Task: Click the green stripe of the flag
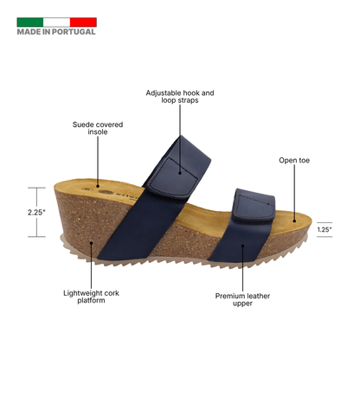click(30, 22)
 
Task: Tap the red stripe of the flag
click(83, 22)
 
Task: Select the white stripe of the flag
click(56, 22)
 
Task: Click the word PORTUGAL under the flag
click(74, 32)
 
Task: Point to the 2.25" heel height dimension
click(36, 213)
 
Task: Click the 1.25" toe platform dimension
click(325, 230)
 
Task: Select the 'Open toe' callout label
click(294, 160)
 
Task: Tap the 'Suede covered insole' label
click(98, 128)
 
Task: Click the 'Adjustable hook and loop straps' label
click(180, 97)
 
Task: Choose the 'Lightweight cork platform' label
click(91, 297)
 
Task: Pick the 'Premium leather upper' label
click(242, 300)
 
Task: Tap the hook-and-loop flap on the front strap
click(254, 208)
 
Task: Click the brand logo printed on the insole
click(114, 193)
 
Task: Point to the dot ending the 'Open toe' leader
click(294, 221)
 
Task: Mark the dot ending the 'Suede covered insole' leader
click(98, 186)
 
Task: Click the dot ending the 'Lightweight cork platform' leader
click(91, 243)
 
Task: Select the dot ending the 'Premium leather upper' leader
click(242, 246)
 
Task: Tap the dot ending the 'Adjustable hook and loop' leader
click(180, 173)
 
